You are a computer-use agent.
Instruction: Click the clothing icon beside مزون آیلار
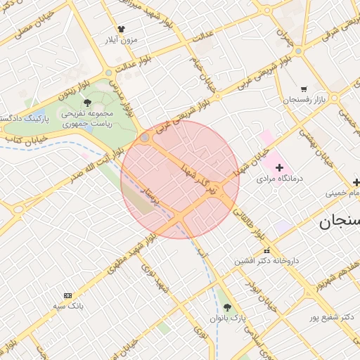[121, 30]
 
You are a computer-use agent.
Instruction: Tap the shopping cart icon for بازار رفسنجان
[304, 89]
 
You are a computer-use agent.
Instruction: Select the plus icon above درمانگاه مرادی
[280, 167]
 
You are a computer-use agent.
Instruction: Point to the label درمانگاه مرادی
[280, 179]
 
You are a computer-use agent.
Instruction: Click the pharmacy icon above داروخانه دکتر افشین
[266, 251]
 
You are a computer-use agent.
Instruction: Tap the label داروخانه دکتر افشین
[266, 261]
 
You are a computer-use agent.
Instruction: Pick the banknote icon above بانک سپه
[67, 296]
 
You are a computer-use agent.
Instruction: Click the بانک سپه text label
[68, 307]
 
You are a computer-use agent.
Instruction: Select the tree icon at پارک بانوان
[226, 307]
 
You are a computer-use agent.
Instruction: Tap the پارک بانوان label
[227, 319]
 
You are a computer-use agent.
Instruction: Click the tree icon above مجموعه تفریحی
[87, 103]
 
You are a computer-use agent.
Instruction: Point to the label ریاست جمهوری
[82, 123]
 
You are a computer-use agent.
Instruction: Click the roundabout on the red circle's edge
[145, 138]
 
